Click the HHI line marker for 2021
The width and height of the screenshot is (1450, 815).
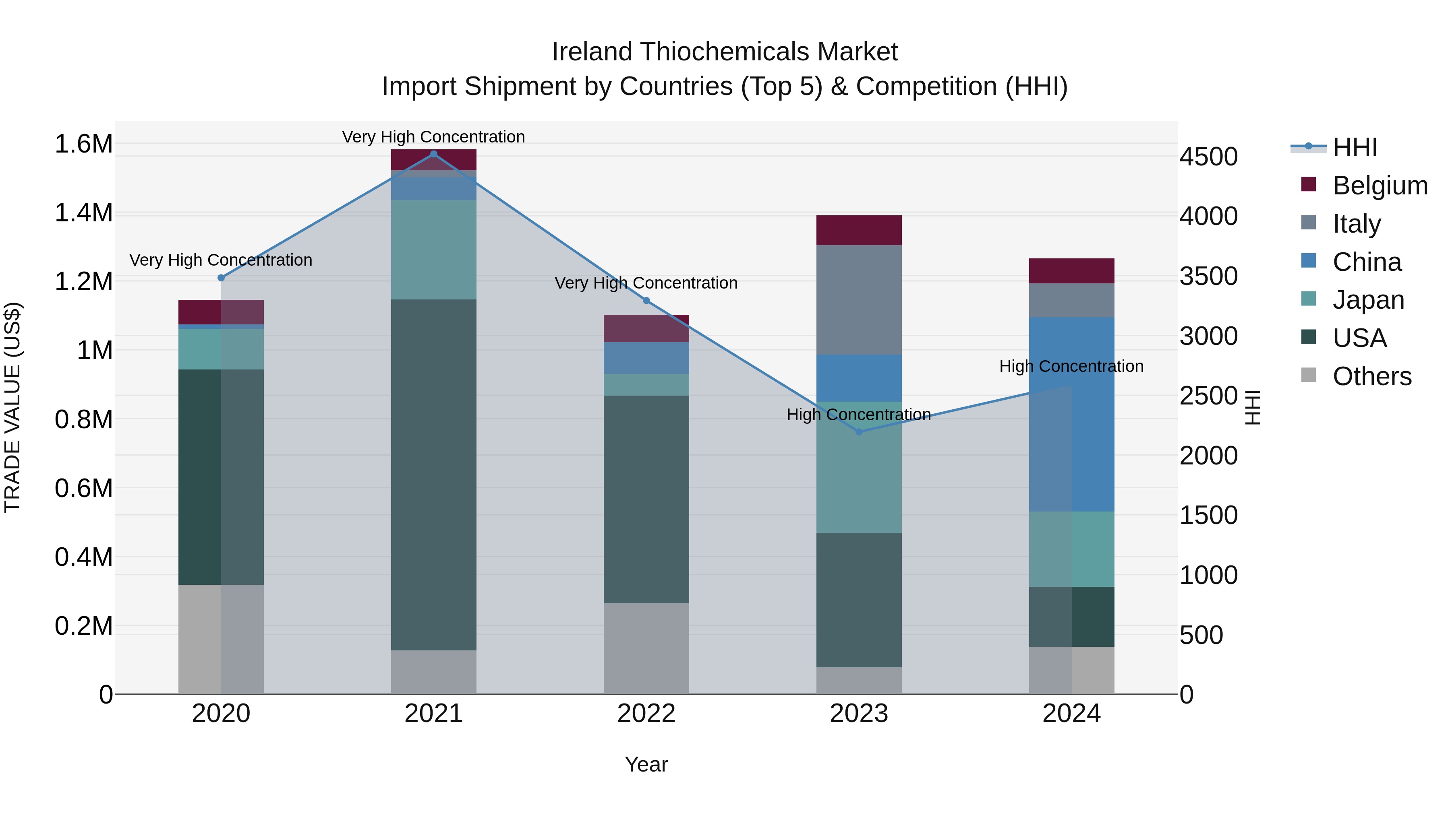point(433,154)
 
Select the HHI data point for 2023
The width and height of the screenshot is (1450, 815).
point(859,432)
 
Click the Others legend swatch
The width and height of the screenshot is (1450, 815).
point(1309,375)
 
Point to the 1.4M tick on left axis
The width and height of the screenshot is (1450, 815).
point(83,213)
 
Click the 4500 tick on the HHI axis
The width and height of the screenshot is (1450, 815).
point(1208,157)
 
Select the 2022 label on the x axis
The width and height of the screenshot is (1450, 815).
point(646,714)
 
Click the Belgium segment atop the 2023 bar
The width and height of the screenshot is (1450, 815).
point(859,230)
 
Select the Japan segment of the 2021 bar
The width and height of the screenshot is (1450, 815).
point(433,249)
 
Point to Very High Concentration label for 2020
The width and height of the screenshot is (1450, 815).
point(221,260)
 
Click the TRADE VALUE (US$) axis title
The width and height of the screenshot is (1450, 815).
point(12,407)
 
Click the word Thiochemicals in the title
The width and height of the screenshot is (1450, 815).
point(725,52)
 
